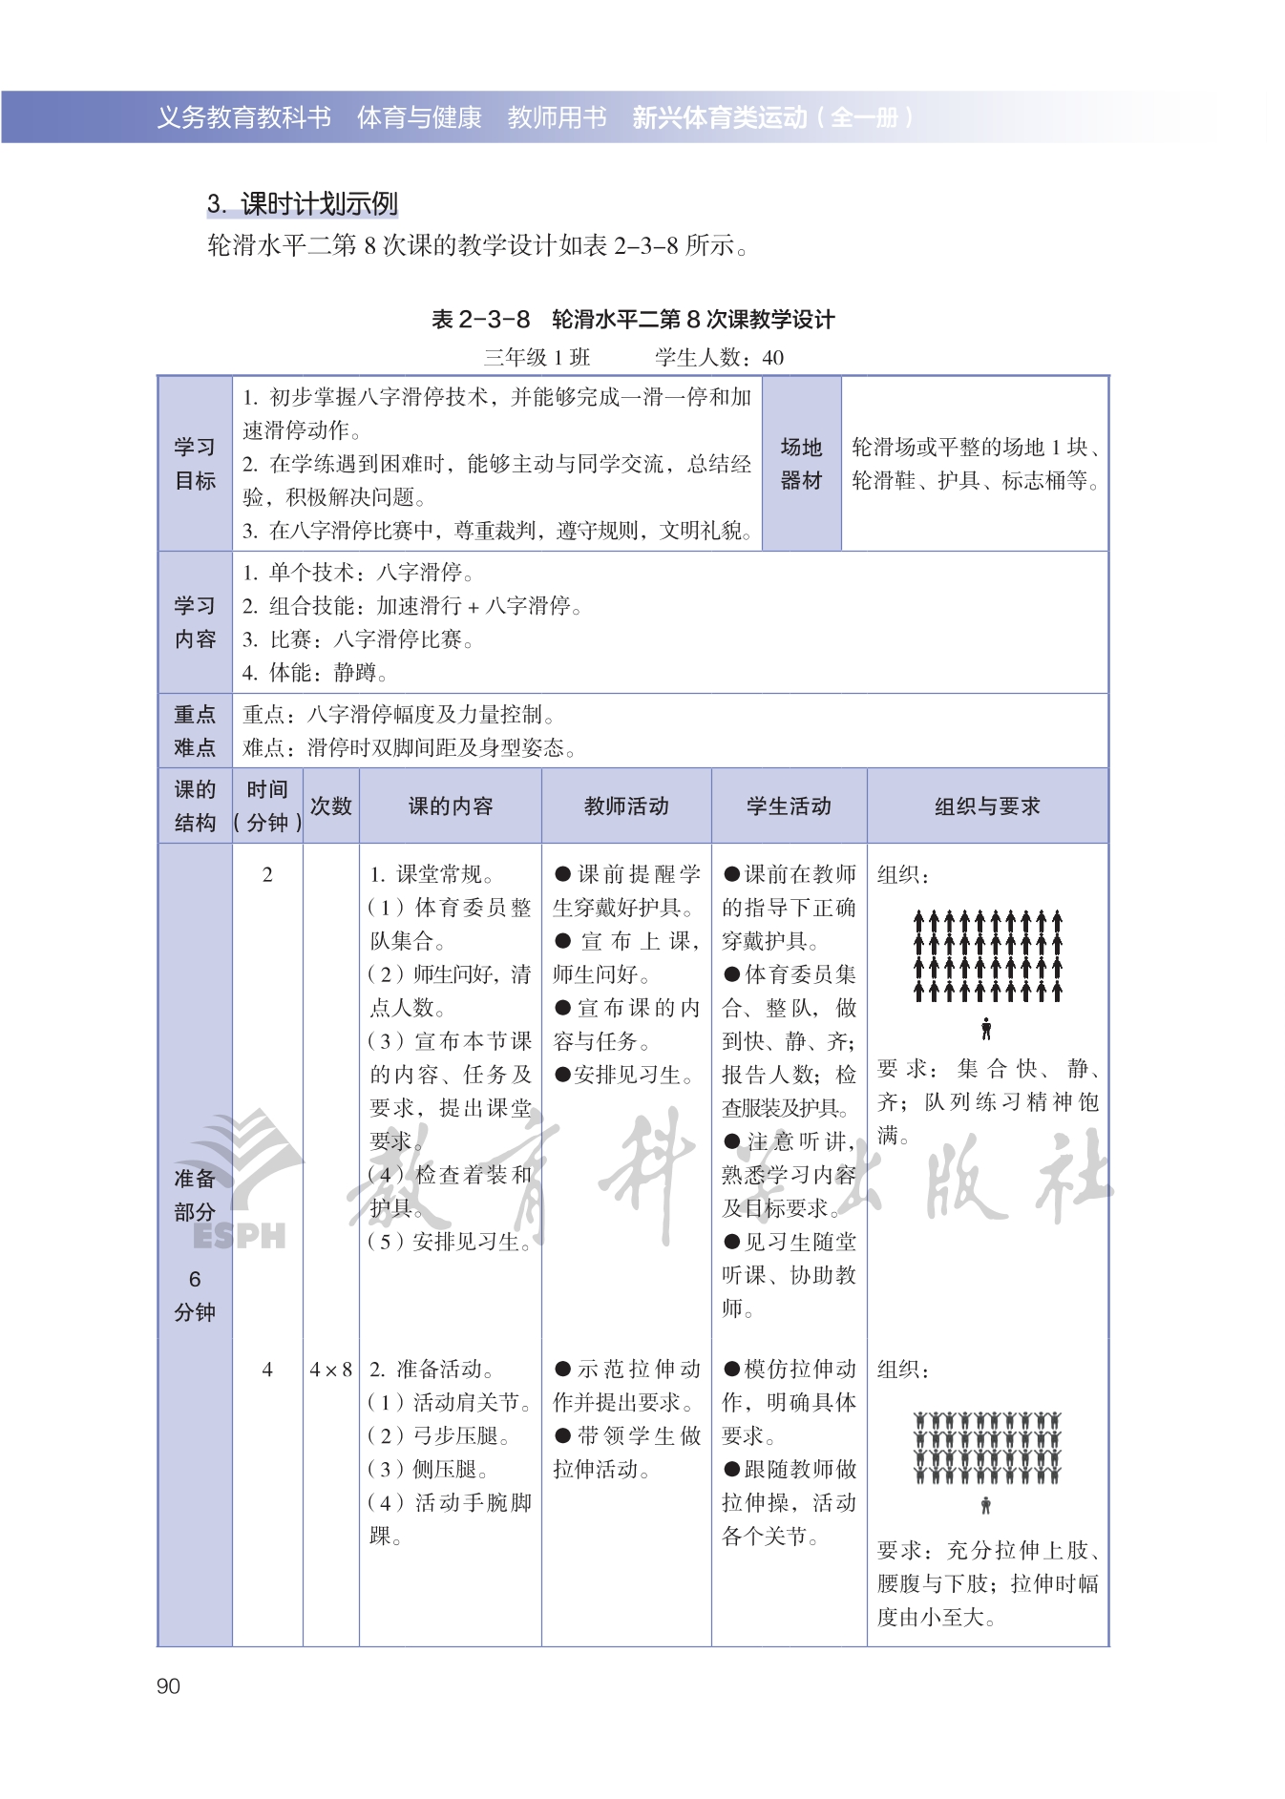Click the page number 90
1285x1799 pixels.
[x=168, y=1686]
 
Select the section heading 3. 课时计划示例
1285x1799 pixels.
[x=302, y=203]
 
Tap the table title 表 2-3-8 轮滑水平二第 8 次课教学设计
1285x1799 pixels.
[x=633, y=319]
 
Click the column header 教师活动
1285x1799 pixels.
[x=626, y=806]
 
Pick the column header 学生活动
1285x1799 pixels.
[x=789, y=806]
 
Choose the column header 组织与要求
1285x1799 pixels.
[x=987, y=806]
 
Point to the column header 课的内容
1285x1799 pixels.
[x=450, y=806]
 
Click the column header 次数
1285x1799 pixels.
[x=330, y=806]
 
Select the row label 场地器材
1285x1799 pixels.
[x=801, y=464]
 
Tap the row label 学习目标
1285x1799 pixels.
[x=195, y=464]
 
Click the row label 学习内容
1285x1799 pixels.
[x=195, y=622]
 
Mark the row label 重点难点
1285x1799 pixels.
[x=195, y=731]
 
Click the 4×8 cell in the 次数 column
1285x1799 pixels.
[x=330, y=1370]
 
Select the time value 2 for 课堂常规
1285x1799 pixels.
[x=267, y=874]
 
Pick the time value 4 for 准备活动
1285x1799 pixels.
[x=267, y=1370]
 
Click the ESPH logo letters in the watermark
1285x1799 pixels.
[x=239, y=1235]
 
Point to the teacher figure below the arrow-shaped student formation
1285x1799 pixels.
[x=986, y=1029]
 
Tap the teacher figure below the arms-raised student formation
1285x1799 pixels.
[x=986, y=1505]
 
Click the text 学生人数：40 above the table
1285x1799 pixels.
[x=719, y=358]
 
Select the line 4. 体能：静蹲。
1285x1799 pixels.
[x=314, y=673]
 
